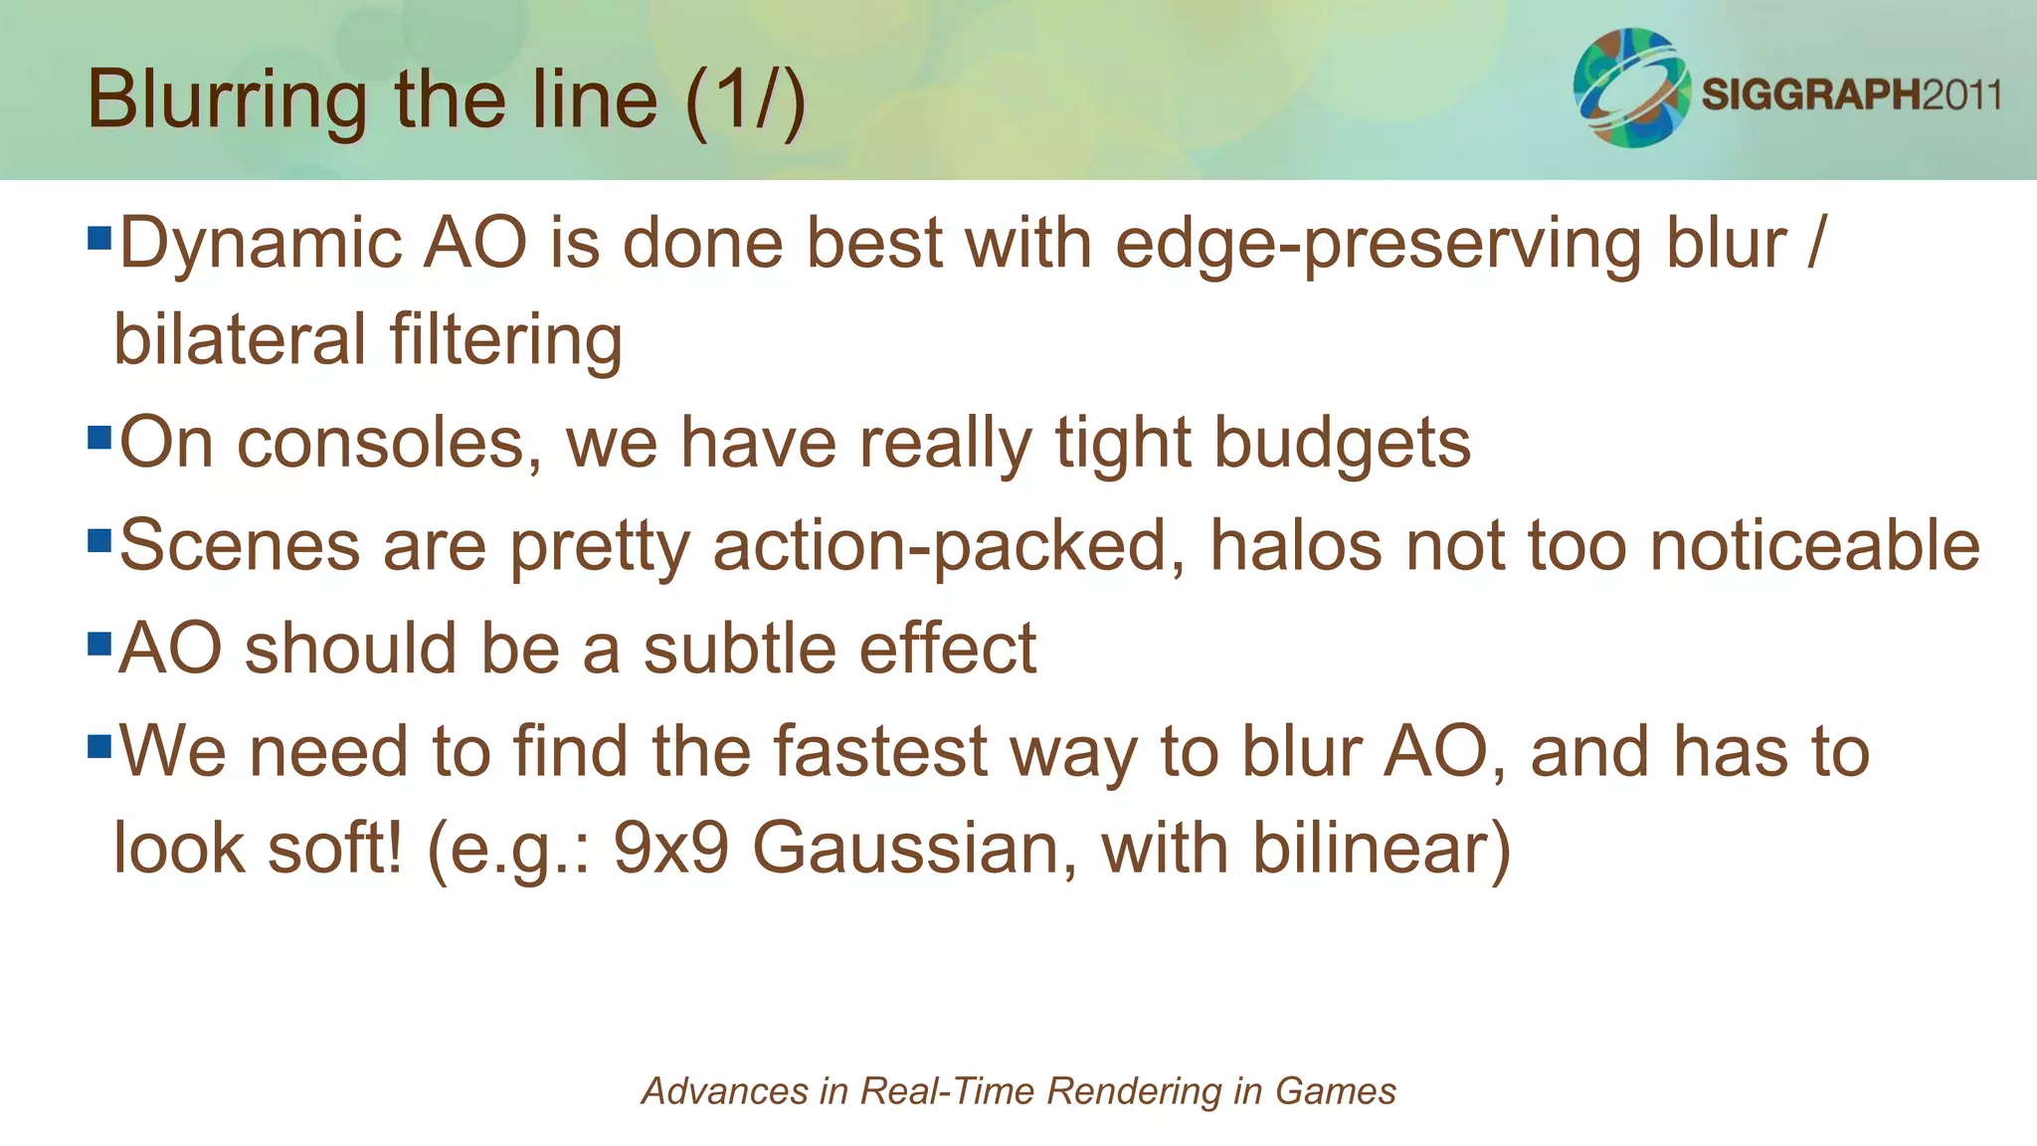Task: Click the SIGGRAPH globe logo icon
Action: click(1631, 89)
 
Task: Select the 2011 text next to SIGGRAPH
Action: click(1960, 96)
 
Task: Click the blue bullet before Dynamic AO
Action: click(98, 238)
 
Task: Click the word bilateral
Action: click(240, 340)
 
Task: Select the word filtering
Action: click(506, 340)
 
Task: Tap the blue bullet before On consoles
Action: click(98, 438)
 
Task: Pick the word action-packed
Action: click(941, 547)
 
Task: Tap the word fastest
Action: click(880, 751)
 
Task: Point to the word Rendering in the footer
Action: click(1134, 1091)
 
